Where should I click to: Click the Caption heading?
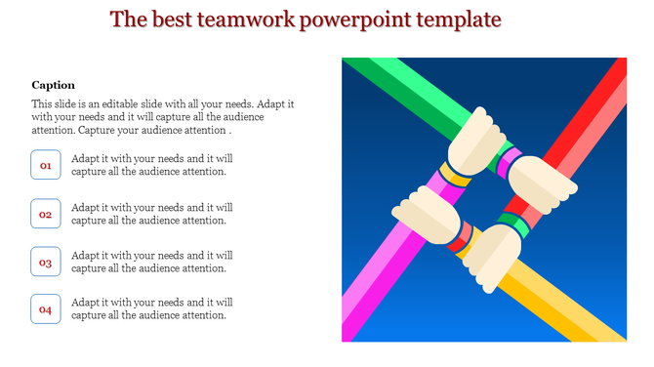point(53,85)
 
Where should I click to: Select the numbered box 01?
point(46,166)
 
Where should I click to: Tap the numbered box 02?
point(46,214)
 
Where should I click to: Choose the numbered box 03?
point(46,263)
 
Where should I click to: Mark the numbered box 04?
point(46,309)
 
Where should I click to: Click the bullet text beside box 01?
point(151,165)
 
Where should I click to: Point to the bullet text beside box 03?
point(151,262)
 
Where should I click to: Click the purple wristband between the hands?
point(509,162)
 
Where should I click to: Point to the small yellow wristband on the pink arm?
point(454,176)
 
